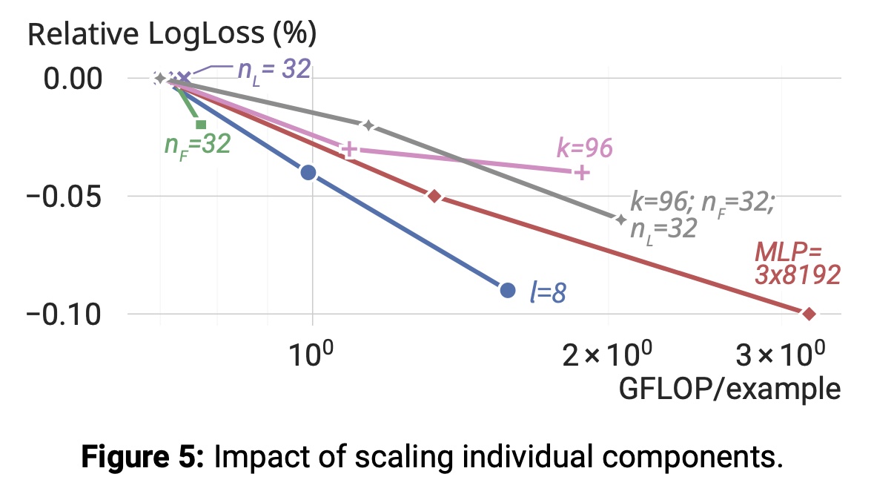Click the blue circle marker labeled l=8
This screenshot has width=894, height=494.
point(507,290)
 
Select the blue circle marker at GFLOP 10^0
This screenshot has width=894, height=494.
point(308,173)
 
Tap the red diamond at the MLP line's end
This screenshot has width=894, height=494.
point(809,314)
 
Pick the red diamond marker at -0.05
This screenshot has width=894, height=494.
point(434,196)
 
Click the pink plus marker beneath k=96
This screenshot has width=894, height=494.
point(582,173)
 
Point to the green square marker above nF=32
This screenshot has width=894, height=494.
point(200,124)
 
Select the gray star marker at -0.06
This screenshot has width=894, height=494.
point(620,219)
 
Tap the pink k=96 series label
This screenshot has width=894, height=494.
point(584,148)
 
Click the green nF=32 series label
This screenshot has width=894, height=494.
point(197,143)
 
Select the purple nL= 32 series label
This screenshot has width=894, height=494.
point(274,70)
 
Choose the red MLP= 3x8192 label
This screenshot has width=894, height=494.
point(797,263)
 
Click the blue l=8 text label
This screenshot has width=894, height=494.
point(548,292)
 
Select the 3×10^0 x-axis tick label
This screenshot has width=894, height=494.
point(780,358)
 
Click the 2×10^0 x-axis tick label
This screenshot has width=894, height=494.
point(608,358)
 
